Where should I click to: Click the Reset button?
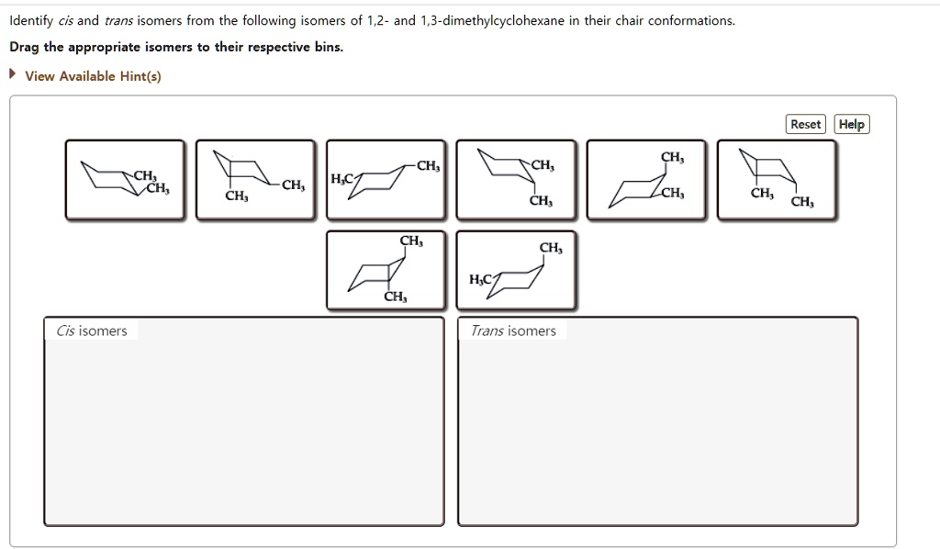click(x=806, y=124)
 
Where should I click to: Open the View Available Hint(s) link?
click(x=93, y=76)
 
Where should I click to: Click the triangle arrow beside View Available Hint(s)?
click(x=14, y=75)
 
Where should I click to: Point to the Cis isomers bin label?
click(x=92, y=331)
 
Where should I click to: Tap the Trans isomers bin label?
click(x=513, y=331)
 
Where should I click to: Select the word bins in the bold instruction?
click(x=325, y=47)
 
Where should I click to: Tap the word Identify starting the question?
click(x=30, y=20)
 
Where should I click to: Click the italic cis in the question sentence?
click(x=65, y=20)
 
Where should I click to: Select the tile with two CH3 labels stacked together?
click(x=125, y=180)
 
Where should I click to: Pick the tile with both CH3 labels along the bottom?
click(x=777, y=180)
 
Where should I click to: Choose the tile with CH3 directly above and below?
click(x=386, y=270)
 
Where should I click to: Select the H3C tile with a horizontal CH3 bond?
click(x=386, y=180)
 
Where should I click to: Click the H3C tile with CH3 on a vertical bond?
click(x=516, y=270)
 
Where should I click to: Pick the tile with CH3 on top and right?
click(x=646, y=180)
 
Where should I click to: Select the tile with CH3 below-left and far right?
click(x=255, y=180)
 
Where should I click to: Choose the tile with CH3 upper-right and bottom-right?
click(x=516, y=180)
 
